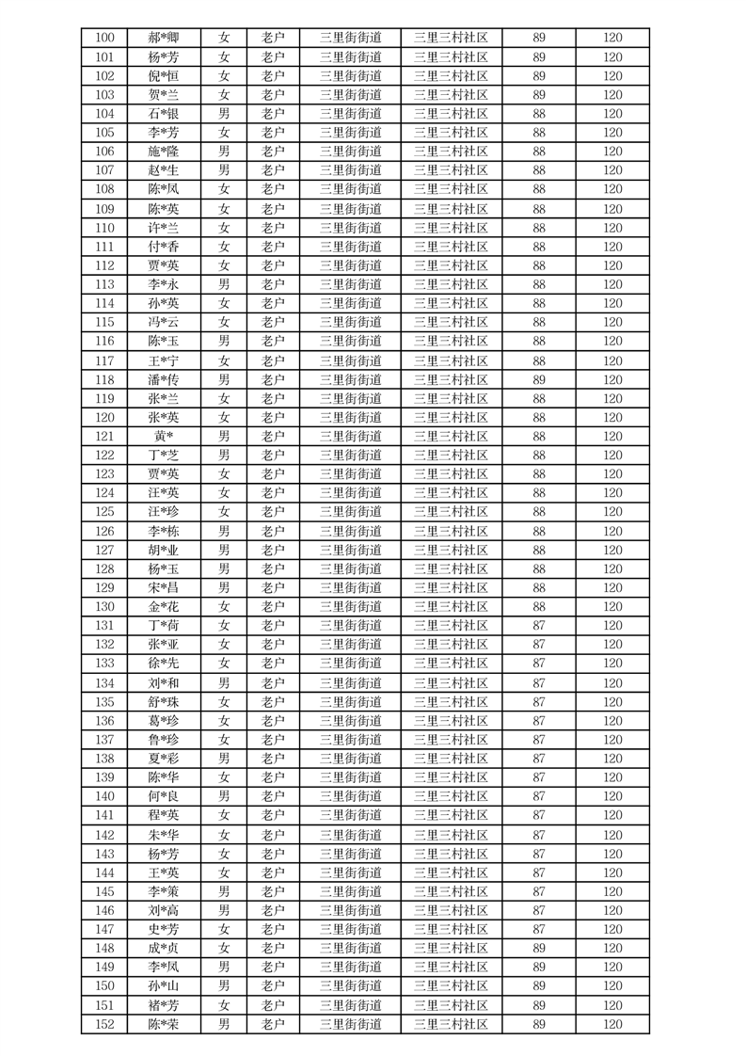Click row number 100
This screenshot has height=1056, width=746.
104,39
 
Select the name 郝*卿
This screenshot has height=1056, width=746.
164,39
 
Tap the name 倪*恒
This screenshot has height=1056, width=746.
164,76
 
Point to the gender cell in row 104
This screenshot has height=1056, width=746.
224,114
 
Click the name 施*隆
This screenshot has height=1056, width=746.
164,152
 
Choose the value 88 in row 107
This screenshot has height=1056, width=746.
539,170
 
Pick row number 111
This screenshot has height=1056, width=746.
104,247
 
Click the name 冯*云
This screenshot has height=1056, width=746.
164,322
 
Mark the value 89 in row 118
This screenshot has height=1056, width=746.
539,379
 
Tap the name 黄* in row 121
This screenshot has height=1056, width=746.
164,436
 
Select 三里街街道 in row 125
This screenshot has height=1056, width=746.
350,512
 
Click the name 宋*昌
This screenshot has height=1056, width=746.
164,587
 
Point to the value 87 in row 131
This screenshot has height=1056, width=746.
539,626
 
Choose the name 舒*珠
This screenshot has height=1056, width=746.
164,702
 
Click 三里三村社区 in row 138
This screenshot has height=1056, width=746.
451,759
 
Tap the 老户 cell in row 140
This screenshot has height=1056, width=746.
273,796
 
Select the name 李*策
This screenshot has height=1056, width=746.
164,891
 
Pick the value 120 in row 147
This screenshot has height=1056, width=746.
612,929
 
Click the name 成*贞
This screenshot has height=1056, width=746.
164,948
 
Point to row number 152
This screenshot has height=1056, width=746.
104,1024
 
